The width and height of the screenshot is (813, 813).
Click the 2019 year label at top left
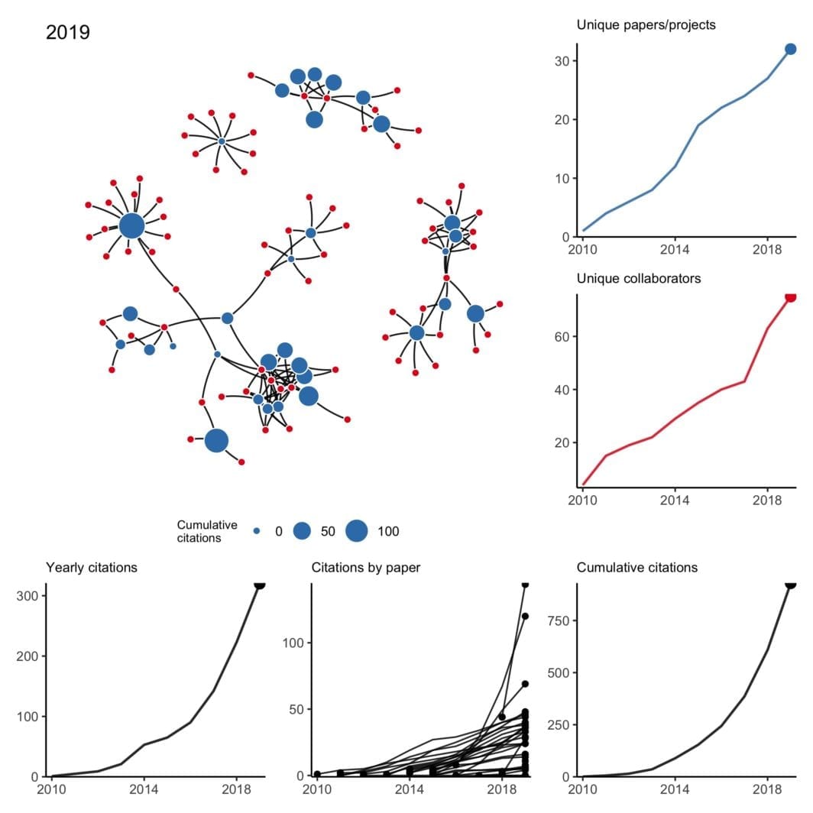(x=68, y=33)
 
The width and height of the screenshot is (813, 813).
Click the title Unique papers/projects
(x=646, y=25)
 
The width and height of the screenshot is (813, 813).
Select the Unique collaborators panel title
(x=639, y=278)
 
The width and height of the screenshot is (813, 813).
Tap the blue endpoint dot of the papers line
(x=790, y=49)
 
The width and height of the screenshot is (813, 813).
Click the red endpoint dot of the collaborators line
(x=790, y=296)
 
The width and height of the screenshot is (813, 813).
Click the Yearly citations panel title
(x=92, y=568)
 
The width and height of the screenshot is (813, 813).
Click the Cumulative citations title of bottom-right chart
(x=636, y=568)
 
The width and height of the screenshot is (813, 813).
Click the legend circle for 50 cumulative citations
(x=303, y=531)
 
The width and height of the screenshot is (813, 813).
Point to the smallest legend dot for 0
(x=257, y=531)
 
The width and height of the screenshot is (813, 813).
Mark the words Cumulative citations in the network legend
(x=206, y=531)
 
